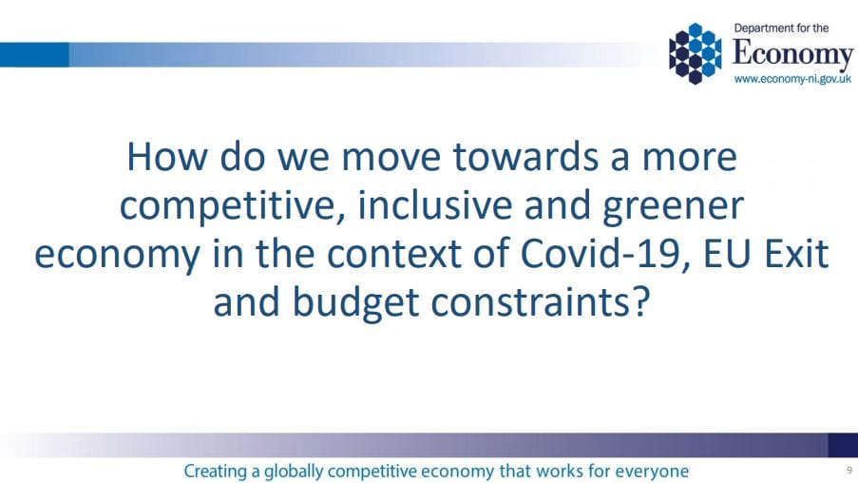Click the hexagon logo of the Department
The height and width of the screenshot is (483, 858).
[x=695, y=53]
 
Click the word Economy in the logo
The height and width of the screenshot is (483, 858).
[x=792, y=55]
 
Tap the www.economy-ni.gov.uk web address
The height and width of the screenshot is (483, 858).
[x=792, y=80]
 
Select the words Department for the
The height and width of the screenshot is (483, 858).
[x=781, y=29]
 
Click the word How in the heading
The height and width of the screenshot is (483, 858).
[x=167, y=157]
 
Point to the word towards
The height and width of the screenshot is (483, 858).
[x=525, y=157]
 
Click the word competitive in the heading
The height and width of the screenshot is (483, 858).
[x=233, y=206]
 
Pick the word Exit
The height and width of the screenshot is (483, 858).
[x=796, y=254]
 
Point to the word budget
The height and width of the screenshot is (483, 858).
[x=355, y=303]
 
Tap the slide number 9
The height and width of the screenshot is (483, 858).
[x=849, y=470]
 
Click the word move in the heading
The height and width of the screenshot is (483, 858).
[x=391, y=158]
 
